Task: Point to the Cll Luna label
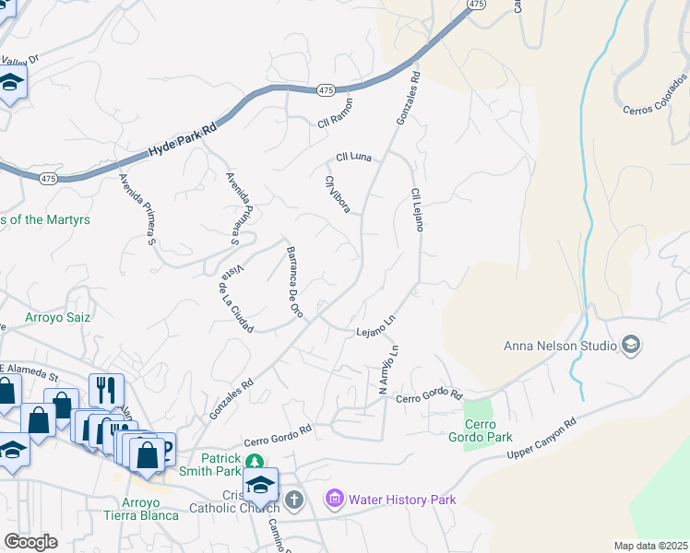coord(353,158)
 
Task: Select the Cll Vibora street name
coord(337,194)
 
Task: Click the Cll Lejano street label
coord(416,209)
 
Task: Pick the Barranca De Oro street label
coord(293,282)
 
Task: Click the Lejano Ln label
coord(375,326)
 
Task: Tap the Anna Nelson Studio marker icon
coord(631,346)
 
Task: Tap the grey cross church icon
coord(293,500)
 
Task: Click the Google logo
coord(31,542)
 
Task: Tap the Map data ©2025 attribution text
coord(650,546)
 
